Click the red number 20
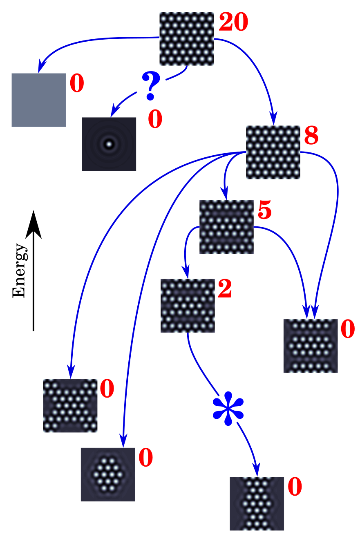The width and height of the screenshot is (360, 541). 234,22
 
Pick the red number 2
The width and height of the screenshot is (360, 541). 225,289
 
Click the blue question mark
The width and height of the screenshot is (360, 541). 151,85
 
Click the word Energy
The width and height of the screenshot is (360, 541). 19,270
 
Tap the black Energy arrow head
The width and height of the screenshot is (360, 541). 34,224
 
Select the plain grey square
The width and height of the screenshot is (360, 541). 38,100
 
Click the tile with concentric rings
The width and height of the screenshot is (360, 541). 109,144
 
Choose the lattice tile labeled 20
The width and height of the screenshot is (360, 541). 186,38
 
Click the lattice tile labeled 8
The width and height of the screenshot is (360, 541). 273,152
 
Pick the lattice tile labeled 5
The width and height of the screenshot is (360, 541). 226,227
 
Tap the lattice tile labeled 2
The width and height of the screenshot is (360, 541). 188,305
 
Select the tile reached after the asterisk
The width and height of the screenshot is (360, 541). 257,503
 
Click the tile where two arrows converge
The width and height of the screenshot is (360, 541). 311,346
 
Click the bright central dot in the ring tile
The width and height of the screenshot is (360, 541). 109,144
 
